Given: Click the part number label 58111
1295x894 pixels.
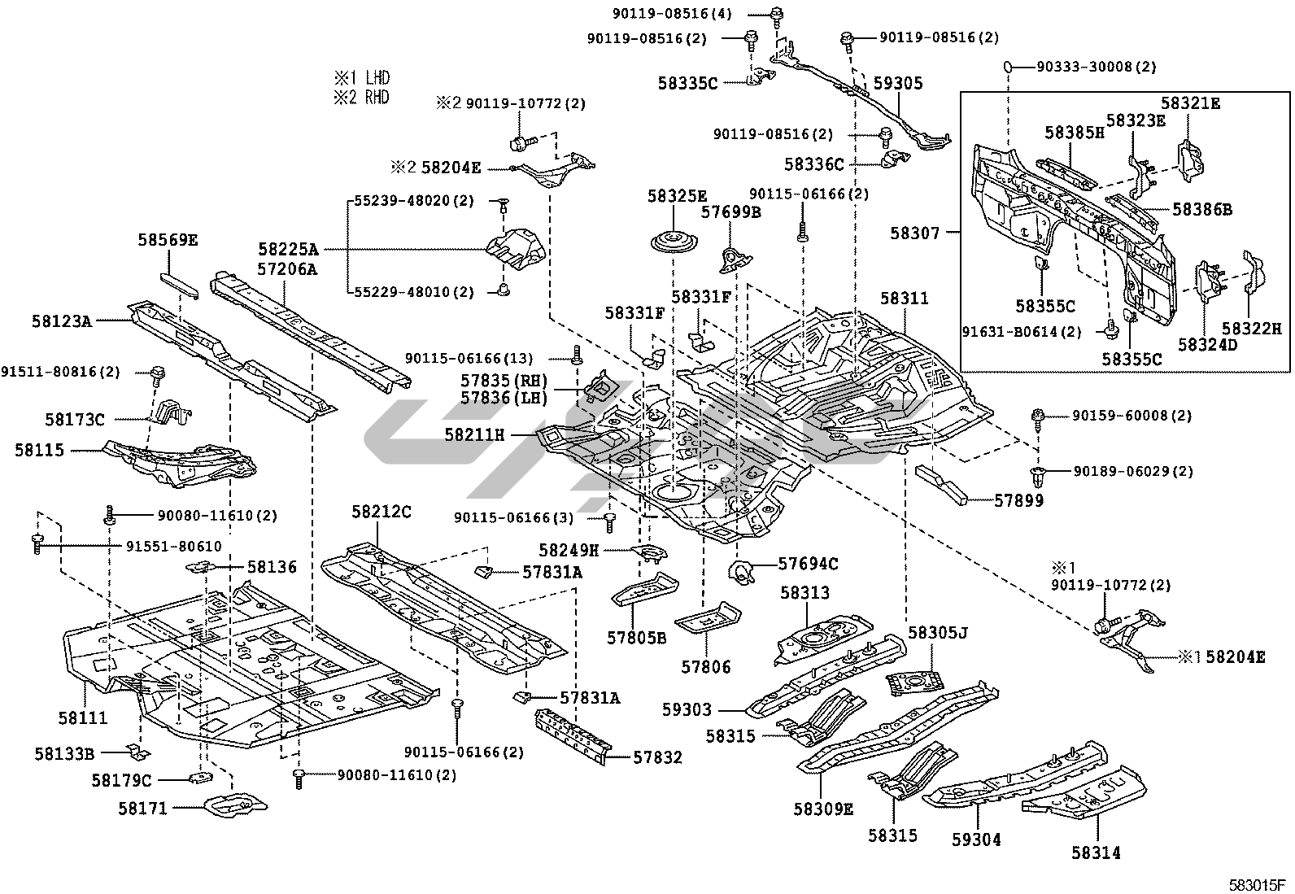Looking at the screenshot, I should pyautogui.click(x=83, y=718).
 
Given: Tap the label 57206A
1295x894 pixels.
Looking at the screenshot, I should pyautogui.click(x=288, y=269).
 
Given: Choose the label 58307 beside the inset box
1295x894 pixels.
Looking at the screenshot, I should pyautogui.click(x=915, y=233).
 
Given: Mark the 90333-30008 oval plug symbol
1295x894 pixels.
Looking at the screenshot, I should pyautogui.click(x=1007, y=68).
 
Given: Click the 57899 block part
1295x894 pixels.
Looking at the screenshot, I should pyautogui.click(x=944, y=486).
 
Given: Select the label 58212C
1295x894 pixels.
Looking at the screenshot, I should pyautogui.click(x=382, y=512).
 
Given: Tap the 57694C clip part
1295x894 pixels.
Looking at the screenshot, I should pyautogui.click(x=742, y=573).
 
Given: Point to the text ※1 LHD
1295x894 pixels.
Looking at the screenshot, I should pyautogui.click(x=361, y=78).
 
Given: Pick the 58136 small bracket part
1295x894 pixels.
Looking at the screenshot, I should pyautogui.click(x=203, y=566).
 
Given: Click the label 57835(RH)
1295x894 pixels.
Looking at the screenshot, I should pyautogui.click(x=504, y=381).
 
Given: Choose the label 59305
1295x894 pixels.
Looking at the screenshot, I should pyautogui.click(x=898, y=83).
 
